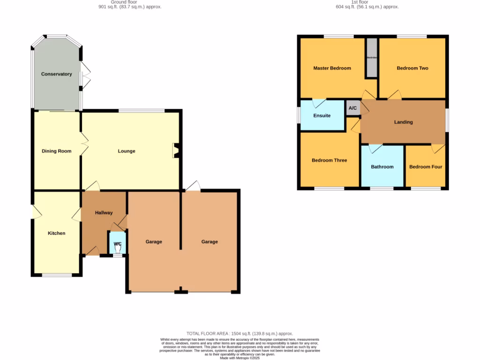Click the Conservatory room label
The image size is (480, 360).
(56, 74)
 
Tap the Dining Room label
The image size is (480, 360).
(56, 151)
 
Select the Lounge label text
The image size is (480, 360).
(127, 151)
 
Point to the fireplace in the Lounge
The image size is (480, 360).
(176, 150)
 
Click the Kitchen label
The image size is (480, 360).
(56, 233)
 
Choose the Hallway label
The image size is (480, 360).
(104, 213)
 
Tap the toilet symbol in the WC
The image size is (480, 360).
(118, 249)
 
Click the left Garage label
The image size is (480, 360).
(154, 242)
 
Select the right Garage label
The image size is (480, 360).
(210, 242)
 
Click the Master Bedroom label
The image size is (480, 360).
(332, 68)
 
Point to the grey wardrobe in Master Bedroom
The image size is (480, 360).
(372, 58)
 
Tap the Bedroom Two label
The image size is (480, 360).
(412, 68)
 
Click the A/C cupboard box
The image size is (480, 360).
(352, 108)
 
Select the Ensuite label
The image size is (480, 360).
(322, 115)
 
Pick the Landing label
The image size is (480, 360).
(403, 122)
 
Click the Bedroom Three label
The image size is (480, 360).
(329, 160)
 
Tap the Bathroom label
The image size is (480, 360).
(382, 166)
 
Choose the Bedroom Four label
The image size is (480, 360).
(426, 166)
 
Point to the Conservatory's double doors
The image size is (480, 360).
(85, 75)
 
